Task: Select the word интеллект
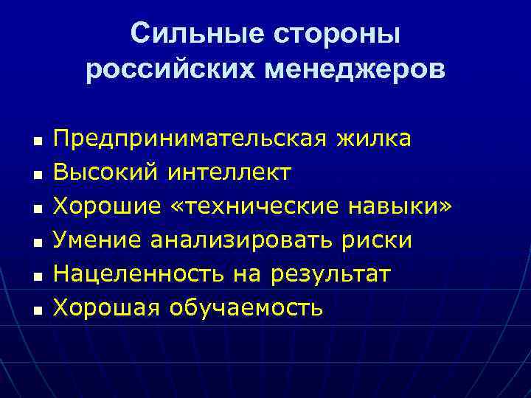point(229,172)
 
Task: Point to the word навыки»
point(398,206)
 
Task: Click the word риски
point(380,240)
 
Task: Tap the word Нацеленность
point(139,274)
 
